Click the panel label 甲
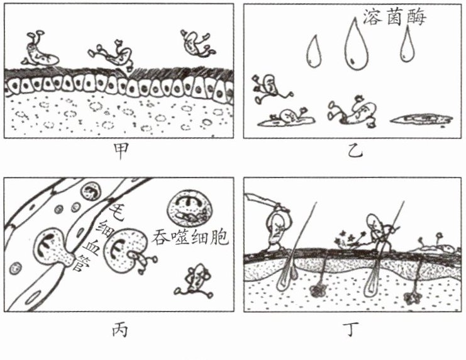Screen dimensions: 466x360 click(x=116, y=152)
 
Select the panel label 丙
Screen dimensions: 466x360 click(x=116, y=329)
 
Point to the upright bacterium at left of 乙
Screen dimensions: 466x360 click(x=267, y=88)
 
